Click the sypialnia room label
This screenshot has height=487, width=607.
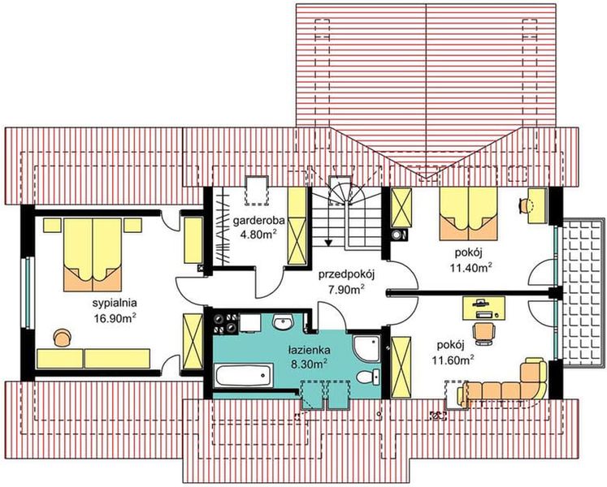(115, 303)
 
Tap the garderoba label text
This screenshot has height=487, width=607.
(258, 221)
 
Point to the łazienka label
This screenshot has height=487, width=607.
(310, 351)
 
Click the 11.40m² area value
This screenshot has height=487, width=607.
(470, 267)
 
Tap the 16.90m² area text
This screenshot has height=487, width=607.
(115, 317)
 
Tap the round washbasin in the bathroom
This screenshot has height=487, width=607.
(284, 322)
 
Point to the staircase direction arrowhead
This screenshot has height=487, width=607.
(328, 243)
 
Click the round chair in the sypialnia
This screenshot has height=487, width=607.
(63, 337)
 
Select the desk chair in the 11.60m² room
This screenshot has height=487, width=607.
(483, 334)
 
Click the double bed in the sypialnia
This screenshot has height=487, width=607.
(93, 255)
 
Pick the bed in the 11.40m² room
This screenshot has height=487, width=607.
(468, 214)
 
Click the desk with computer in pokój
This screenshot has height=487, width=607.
(484, 308)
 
